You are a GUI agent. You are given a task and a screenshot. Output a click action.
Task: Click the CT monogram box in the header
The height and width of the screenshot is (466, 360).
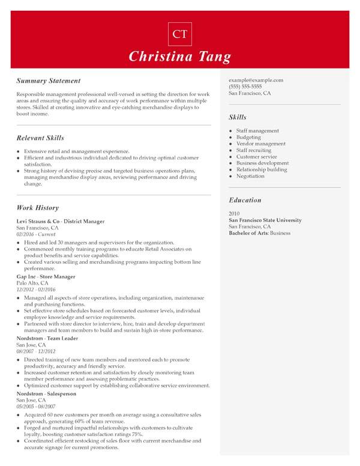179,34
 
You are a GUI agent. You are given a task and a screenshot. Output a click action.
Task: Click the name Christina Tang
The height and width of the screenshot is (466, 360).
179,57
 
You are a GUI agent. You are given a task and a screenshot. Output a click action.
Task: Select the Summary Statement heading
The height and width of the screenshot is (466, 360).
49,80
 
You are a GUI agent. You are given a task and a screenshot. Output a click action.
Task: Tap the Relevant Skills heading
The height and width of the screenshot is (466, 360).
40,138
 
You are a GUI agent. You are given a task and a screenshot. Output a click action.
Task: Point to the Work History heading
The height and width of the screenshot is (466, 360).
38,208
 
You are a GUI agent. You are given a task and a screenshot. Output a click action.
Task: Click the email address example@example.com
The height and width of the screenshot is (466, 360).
256,80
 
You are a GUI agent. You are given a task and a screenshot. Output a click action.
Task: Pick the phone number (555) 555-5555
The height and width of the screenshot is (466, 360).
245,86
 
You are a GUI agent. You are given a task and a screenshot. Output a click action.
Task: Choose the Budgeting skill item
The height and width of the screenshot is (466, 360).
248,138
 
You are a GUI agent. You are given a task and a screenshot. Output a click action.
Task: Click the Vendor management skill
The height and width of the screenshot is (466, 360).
261,144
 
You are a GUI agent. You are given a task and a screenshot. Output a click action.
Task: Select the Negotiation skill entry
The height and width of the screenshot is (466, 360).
250,177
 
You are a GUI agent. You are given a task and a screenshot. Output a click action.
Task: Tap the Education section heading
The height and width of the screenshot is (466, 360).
245,200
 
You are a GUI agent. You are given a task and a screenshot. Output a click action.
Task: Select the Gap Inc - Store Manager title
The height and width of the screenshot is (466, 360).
46,277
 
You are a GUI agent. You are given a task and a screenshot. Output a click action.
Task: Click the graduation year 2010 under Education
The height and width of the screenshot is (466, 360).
235,214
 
